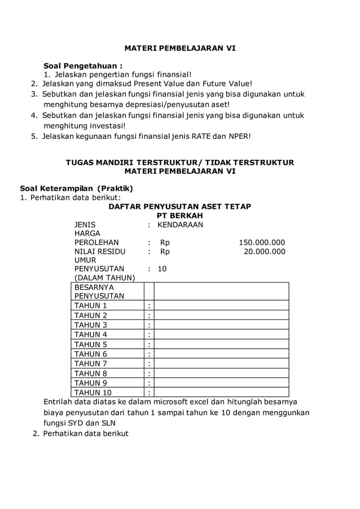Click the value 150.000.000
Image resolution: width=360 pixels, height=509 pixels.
(262, 243)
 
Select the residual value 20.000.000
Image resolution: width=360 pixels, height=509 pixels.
(264, 252)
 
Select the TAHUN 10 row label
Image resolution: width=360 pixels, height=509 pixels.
(93, 393)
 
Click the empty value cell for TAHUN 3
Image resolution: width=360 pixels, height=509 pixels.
(221, 325)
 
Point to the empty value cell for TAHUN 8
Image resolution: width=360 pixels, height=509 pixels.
(221, 374)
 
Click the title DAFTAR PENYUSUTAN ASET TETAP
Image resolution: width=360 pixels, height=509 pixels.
(179, 207)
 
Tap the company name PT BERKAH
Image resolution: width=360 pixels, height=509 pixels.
(179, 216)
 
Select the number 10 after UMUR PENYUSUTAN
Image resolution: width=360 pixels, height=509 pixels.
(162, 269)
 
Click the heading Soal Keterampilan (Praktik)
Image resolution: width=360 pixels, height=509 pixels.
(76, 188)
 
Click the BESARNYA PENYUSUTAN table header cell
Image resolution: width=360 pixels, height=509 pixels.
(94, 291)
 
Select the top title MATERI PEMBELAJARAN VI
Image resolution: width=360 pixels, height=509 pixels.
(180, 49)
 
